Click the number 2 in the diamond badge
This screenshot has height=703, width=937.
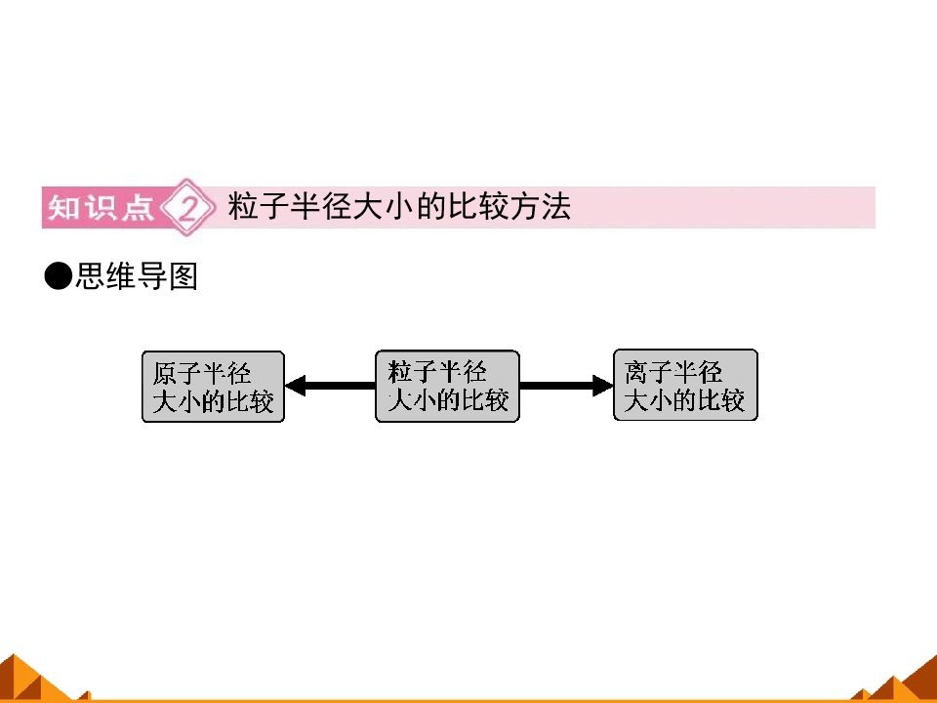pos(187,208)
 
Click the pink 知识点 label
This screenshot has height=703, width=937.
pos(101,207)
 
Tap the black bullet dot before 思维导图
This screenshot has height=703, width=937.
pos(58,276)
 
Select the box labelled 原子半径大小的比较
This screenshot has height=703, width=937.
pos(213,387)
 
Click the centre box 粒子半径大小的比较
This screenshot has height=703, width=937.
pos(447,387)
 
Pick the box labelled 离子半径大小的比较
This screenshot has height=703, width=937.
pos(685,385)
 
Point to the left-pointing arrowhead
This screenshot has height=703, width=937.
pos(295,386)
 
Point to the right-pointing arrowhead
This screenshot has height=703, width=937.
pos(602,386)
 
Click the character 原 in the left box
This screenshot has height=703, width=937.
pos(165,374)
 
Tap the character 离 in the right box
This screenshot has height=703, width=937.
pos(636,372)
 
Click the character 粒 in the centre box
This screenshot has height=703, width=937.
pos(399,372)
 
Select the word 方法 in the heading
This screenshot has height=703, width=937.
pos(540,206)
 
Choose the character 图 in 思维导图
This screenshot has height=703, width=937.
pos(183,276)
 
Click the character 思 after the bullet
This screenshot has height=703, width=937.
pos(90,276)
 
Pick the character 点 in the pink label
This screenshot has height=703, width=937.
pos(138,207)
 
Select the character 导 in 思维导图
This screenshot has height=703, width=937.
pos(152,276)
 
